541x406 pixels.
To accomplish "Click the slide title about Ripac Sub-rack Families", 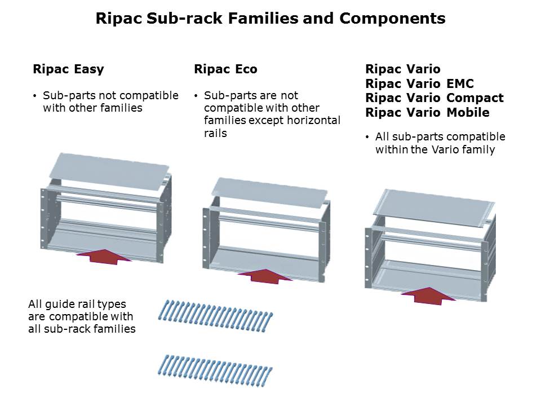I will (x=270, y=19).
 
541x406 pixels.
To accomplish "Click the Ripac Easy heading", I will (x=68, y=69).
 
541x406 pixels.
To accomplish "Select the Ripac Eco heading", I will (x=225, y=69).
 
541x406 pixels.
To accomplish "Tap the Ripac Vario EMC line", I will (x=419, y=83).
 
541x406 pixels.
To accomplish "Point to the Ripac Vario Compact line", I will (x=434, y=98).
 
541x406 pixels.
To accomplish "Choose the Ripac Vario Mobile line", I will (x=427, y=112).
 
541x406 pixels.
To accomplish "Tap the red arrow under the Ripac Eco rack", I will (x=265, y=276).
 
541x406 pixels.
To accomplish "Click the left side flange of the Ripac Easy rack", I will (x=43, y=217).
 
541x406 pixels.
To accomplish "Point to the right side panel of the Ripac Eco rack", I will (x=322, y=248).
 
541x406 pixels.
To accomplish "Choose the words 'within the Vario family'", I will (x=434, y=149).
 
